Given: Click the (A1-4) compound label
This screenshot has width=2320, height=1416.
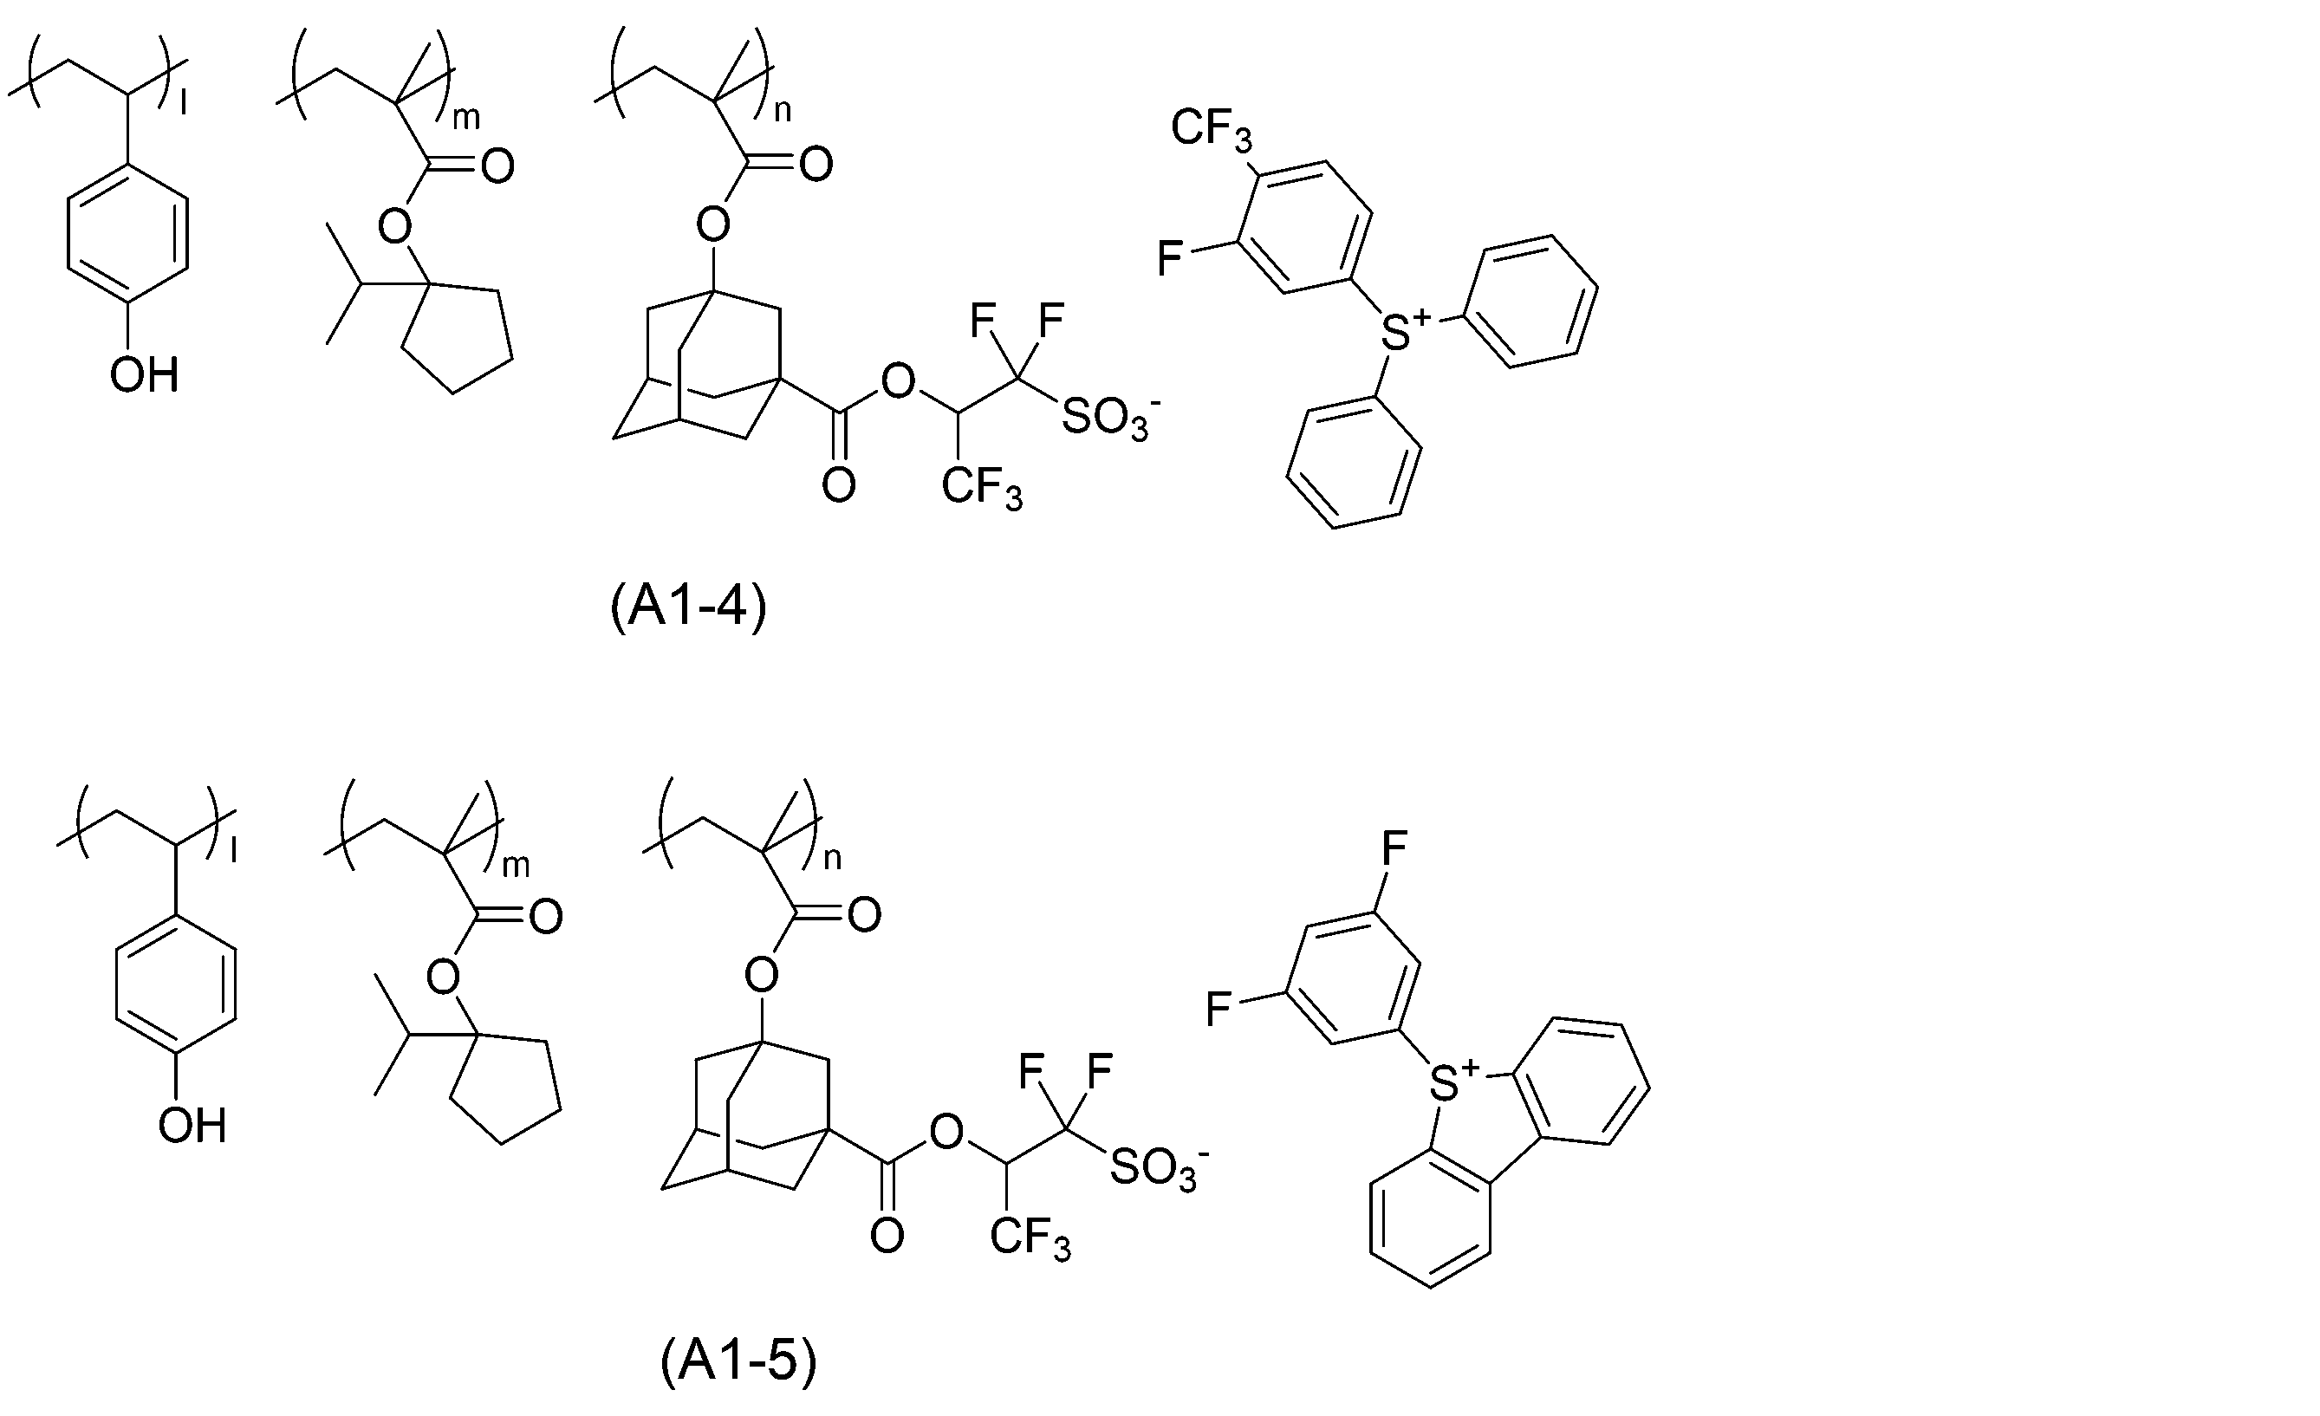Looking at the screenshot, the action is [x=688, y=608].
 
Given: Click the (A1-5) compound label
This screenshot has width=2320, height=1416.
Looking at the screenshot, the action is [x=738, y=1361].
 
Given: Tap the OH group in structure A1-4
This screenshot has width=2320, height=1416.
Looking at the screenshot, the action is [x=144, y=375].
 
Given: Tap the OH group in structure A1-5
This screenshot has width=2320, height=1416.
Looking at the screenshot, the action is [x=193, y=1126].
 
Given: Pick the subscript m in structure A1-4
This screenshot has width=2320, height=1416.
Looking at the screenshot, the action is [x=467, y=117].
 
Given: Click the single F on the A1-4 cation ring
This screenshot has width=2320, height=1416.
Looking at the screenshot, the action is [x=1170, y=258].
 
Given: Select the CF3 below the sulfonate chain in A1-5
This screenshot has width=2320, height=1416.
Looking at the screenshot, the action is [x=1031, y=1240].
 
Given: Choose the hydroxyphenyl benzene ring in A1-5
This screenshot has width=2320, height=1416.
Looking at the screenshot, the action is [x=175, y=980].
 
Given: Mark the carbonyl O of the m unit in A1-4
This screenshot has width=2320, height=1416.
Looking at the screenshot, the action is [x=497, y=166].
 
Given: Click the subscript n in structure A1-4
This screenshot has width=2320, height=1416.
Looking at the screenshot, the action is [x=783, y=111].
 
